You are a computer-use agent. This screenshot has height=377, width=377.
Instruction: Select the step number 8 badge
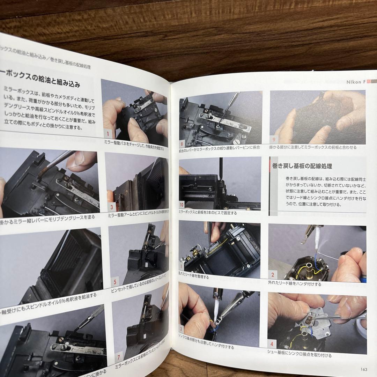[182, 143]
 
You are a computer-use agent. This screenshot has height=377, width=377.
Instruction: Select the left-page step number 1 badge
[108, 133]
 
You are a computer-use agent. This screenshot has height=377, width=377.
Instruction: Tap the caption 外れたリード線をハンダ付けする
[295, 284]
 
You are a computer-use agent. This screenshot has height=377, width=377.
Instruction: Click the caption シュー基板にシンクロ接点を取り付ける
[300, 355]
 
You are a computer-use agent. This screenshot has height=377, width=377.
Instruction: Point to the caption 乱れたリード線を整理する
[194, 277]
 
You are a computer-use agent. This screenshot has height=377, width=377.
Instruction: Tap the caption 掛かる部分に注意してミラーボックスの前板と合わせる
[313, 147]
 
